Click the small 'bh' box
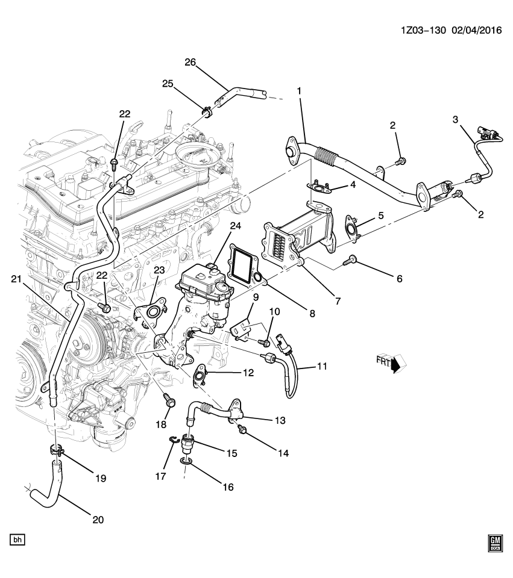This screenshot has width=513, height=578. pos(17,539)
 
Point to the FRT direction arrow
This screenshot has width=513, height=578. pos(395,363)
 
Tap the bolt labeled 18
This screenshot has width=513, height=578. pos(168,398)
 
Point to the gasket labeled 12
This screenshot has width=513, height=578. pos(199,376)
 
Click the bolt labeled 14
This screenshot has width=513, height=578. pos(244,428)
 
